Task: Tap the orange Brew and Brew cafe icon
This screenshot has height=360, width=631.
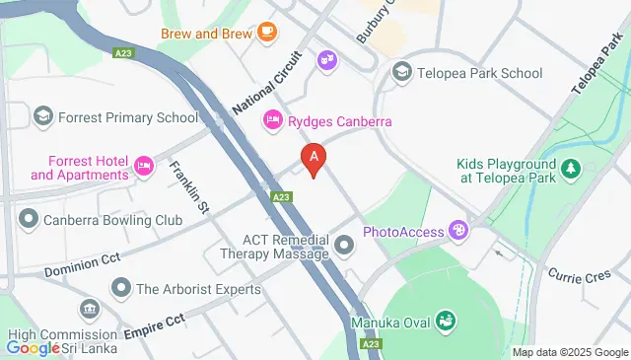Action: pyautogui.click(x=266, y=33)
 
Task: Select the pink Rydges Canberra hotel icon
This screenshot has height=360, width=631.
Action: pyautogui.click(x=272, y=121)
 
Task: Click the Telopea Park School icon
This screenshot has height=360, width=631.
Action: pyautogui.click(x=401, y=72)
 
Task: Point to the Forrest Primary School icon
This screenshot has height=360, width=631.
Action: pyautogui.click(x=43, y=117)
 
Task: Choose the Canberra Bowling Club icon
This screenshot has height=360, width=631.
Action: pyautogui.click(x=30, y=219)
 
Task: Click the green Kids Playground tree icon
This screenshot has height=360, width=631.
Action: pyautogui.click(x=570, y=171)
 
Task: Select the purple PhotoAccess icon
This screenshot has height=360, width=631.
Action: pyautogui.click(x=457, y=232)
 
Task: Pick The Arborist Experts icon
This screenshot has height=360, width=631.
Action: pyautogui.click(x=121, y=289)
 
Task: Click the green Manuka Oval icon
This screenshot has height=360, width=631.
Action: pyautogui.click(x=445, y=320)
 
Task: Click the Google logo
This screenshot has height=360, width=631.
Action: pyautogui.click(x=35, y=347)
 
